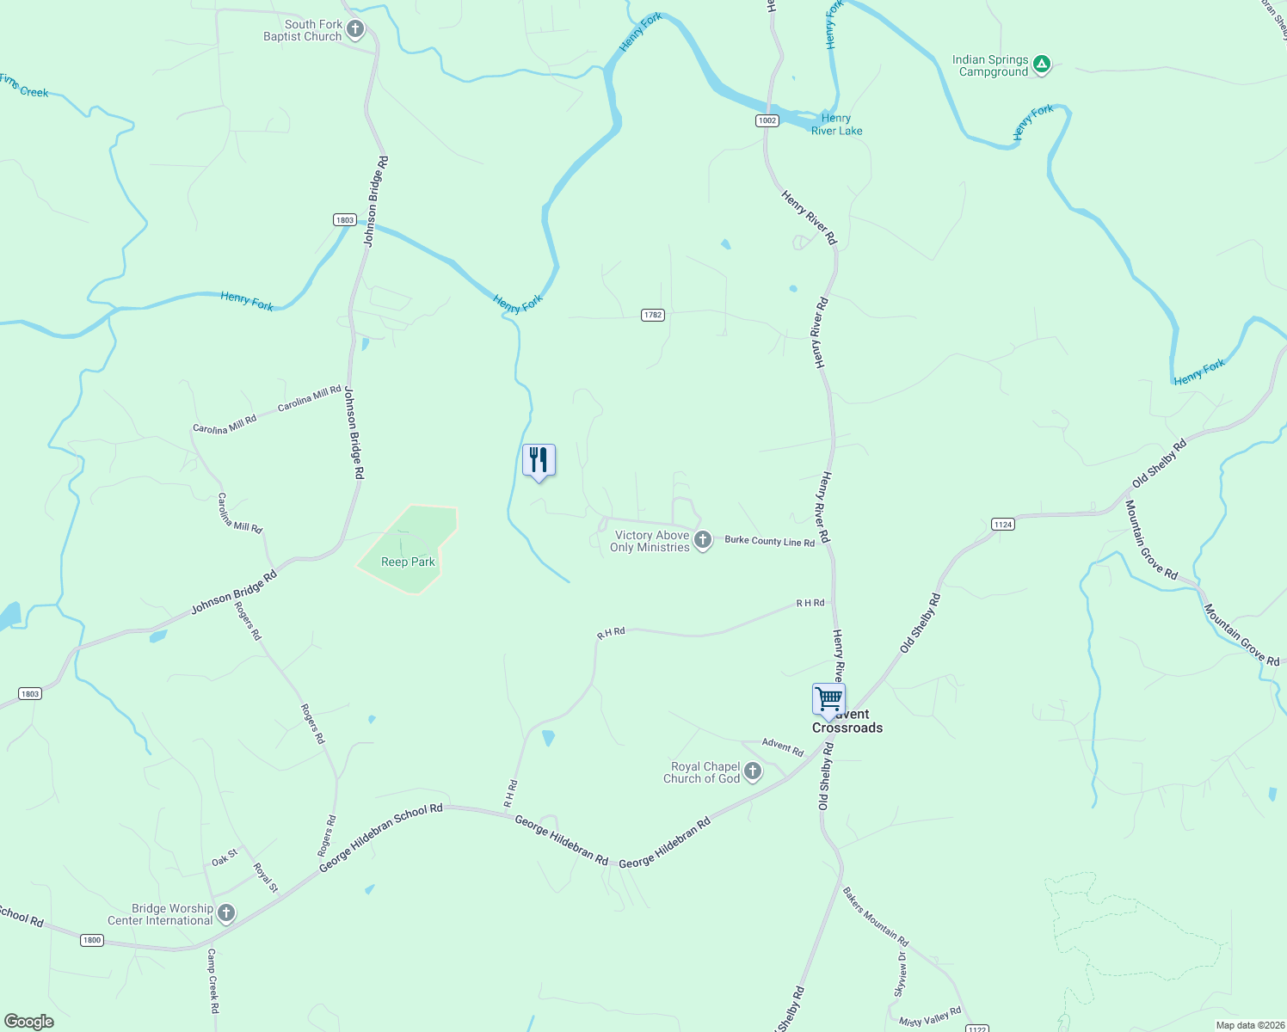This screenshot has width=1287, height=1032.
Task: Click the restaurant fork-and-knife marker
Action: click(x=539, y=460)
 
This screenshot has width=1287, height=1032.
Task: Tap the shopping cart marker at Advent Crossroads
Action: click(x=828, y=699)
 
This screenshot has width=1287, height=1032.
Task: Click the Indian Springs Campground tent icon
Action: click(x=1041, y=64)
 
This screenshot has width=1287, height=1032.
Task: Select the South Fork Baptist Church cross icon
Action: click(x=354, y=30)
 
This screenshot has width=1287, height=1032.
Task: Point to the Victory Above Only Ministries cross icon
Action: click(x=703, y=540)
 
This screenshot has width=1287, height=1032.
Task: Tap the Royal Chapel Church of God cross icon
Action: click(x=753, y=771)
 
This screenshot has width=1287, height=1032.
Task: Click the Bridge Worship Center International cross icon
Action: click(x=226, y=913)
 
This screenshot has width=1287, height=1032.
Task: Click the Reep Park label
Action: click(x=408, y=562)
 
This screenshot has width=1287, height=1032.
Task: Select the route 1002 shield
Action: click(x=767, y=120)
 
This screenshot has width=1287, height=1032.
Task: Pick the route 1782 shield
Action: click(x=653, y=315)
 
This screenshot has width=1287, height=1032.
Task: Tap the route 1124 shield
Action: click(x=1002, y=524)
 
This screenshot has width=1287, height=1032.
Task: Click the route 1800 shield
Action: click(x=92, y=940)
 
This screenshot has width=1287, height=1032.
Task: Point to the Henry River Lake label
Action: click(x=836, y=125)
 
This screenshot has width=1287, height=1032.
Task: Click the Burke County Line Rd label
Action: click(x=769, y=541)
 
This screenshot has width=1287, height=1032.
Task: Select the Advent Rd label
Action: click(x=782, y=746)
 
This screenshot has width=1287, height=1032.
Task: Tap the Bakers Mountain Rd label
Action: click(x=875, y=917)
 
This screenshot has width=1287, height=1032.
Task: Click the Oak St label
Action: click(x=225, y=858)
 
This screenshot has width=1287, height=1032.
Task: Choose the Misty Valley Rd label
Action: click(x=929, y=1017)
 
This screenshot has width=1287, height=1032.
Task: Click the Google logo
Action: click(x=29, y=1021)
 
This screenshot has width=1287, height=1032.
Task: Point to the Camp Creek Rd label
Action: click(x=213, y=980)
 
